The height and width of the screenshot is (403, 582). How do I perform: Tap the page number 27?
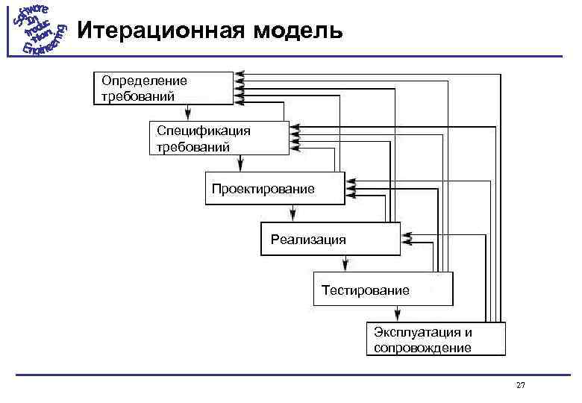520,385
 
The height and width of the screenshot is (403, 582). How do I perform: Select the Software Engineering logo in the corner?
39,30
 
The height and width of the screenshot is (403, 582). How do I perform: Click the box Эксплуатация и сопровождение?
436,339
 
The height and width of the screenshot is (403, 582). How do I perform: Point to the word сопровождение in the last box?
422,348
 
